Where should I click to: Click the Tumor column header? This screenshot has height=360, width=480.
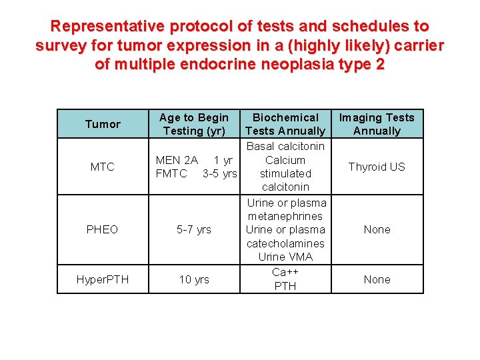pos(103,124)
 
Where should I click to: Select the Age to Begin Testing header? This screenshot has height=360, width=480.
pos(194,124)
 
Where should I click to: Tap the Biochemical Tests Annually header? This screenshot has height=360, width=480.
pos(285,124)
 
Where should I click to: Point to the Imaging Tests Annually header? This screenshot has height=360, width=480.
pos(377,124)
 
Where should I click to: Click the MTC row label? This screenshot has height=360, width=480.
pos(103,167)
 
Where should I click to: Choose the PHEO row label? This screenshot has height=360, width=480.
pos(103,229)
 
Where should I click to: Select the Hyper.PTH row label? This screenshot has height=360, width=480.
pos(103,279)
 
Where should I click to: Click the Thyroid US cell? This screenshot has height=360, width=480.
pos(377,167)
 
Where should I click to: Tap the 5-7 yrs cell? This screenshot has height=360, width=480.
pos(194,229)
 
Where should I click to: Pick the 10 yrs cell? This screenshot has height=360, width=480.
pos(194,279)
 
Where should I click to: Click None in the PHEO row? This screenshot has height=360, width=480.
pos(377,229)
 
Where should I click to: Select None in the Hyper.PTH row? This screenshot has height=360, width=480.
pos(377,279)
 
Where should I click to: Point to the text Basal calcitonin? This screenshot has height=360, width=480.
pos(285,146)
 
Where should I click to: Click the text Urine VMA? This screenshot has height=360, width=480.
pos(285,257)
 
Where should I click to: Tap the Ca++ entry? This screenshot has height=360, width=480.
pos(285,272)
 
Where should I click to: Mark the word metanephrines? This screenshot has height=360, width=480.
pos(285,216)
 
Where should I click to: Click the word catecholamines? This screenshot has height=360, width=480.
pos(285,243)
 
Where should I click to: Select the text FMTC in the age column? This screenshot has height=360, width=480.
pos(171,173)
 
